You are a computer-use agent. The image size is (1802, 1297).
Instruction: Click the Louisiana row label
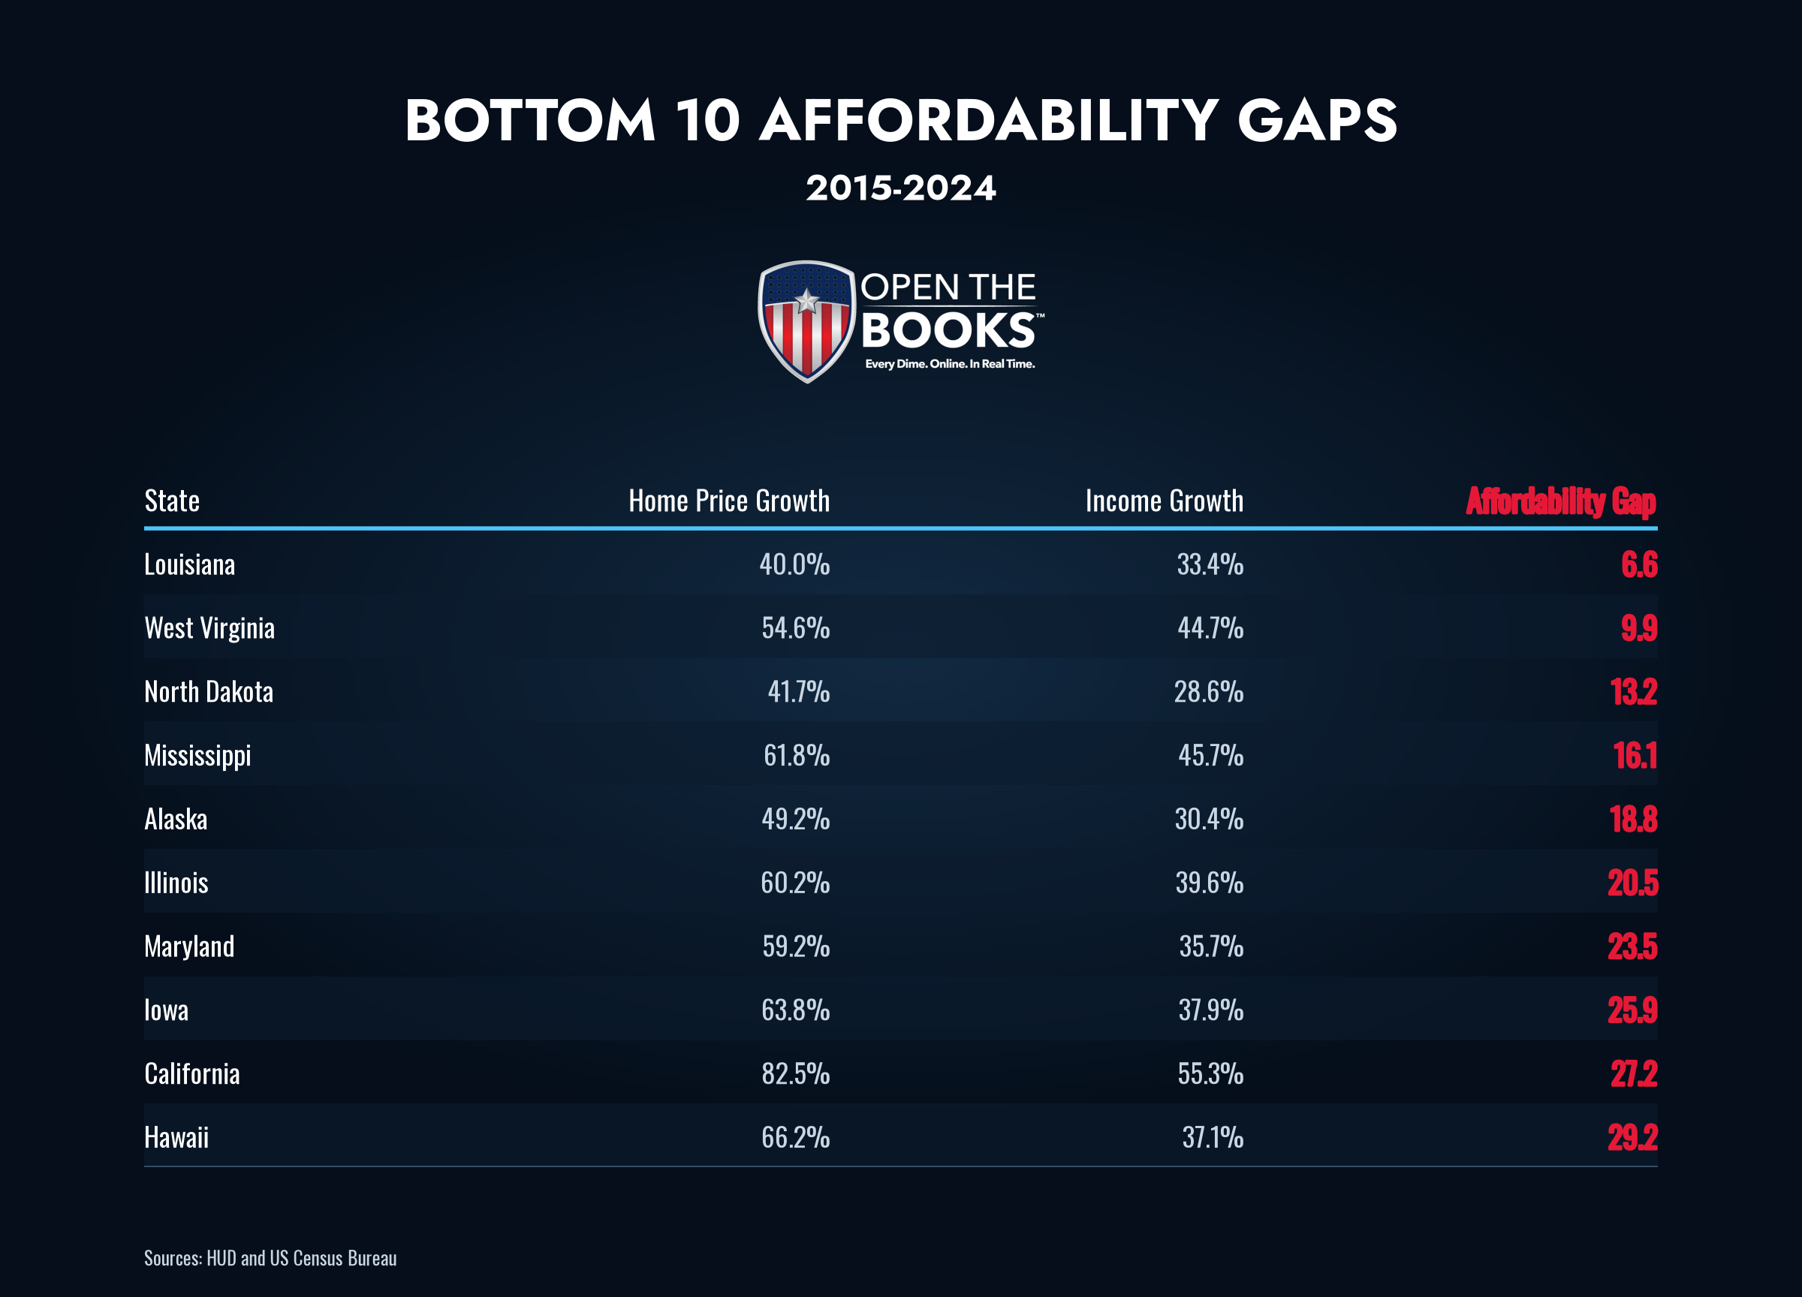pyautogui.click(x=189, y=564)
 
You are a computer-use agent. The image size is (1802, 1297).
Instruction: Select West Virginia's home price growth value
pyautogui.click(x=795, y=627)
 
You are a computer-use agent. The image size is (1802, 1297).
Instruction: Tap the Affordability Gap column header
pyautogui.click(x=1561, y=501)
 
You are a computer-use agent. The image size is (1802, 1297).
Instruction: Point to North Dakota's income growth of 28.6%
pyautogui.click(x=1209, y=691)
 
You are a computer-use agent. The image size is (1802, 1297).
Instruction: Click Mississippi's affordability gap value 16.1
pyautogui.click(x=1635, y=754)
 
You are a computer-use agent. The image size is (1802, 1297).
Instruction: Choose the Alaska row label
pyautogui.click(x=176, y=818)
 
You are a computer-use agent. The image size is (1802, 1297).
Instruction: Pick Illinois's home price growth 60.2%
pyautogui.click(x=795, y=883)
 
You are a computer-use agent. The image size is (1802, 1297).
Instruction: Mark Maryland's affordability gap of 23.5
pyautogui.click(x=1633, y=946)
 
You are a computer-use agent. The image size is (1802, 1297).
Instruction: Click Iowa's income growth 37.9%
pyautogui.click(x=1211, y=1010)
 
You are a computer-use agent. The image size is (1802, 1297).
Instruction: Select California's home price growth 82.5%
pyautogui.click(x=795, y=1073)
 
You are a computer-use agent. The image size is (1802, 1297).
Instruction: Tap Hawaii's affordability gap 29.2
pyautogui.click(x=1633, y=1137)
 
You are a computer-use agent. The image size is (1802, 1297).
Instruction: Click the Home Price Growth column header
pyautogui.click(x=729, y=501)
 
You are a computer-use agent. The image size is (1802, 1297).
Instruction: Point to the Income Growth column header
pyautogui.click(x=1165, y=501)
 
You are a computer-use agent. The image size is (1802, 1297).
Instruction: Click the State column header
pyautogui.click(x=172, y=501)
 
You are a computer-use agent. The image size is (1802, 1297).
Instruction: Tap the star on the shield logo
pyautogui.click(x=806, y=300)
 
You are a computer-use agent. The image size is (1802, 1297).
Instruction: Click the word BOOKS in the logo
pyautogui.click(x=948, y=330)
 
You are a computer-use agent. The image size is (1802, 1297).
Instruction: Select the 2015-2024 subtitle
pyautogui.click(x=901, y=188)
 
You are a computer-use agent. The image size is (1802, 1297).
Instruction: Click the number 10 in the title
pyautogui.click(x=708, y=121)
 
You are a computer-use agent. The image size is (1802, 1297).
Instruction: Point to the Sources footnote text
pyautogui.click(x=270, y=1258)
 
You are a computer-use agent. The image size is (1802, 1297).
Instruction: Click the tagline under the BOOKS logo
pyautogui.click(x=950, y=364)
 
